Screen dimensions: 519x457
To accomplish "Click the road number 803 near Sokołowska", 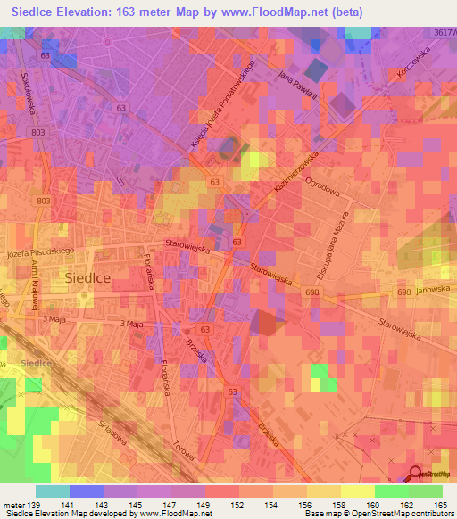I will click(37, 132).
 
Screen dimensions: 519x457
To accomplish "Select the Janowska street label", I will click(431, 288).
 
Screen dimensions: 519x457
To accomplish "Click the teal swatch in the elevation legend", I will click(52, 491).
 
